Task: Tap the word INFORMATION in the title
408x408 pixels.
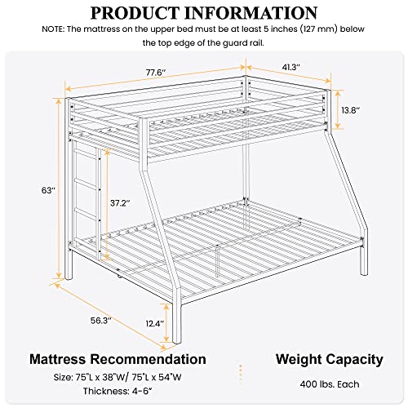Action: click(x=252, y=14)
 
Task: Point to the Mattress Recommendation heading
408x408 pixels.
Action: click(x=118, y=358)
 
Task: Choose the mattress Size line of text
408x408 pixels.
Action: click(x=118, y=379)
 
